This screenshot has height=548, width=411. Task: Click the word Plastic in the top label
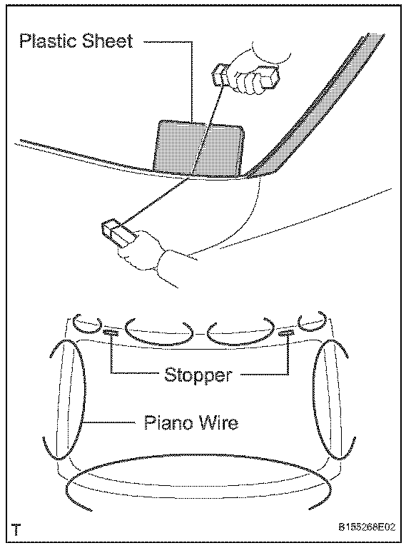click(48, 41)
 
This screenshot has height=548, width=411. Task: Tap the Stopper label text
click(198, 375)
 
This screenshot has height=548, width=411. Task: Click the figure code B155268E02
click(367, 527)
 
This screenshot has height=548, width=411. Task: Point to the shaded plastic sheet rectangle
click(199, 148)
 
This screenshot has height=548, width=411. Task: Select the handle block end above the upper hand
click(220, 73)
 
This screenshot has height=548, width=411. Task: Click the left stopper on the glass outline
click(111, 333)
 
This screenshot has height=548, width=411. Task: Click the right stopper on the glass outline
click(286, 333)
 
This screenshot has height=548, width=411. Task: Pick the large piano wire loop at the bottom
click(198, 455)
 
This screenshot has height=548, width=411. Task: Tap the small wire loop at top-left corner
click(87, 330)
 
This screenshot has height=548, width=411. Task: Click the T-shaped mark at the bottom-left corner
click(16, 529)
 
